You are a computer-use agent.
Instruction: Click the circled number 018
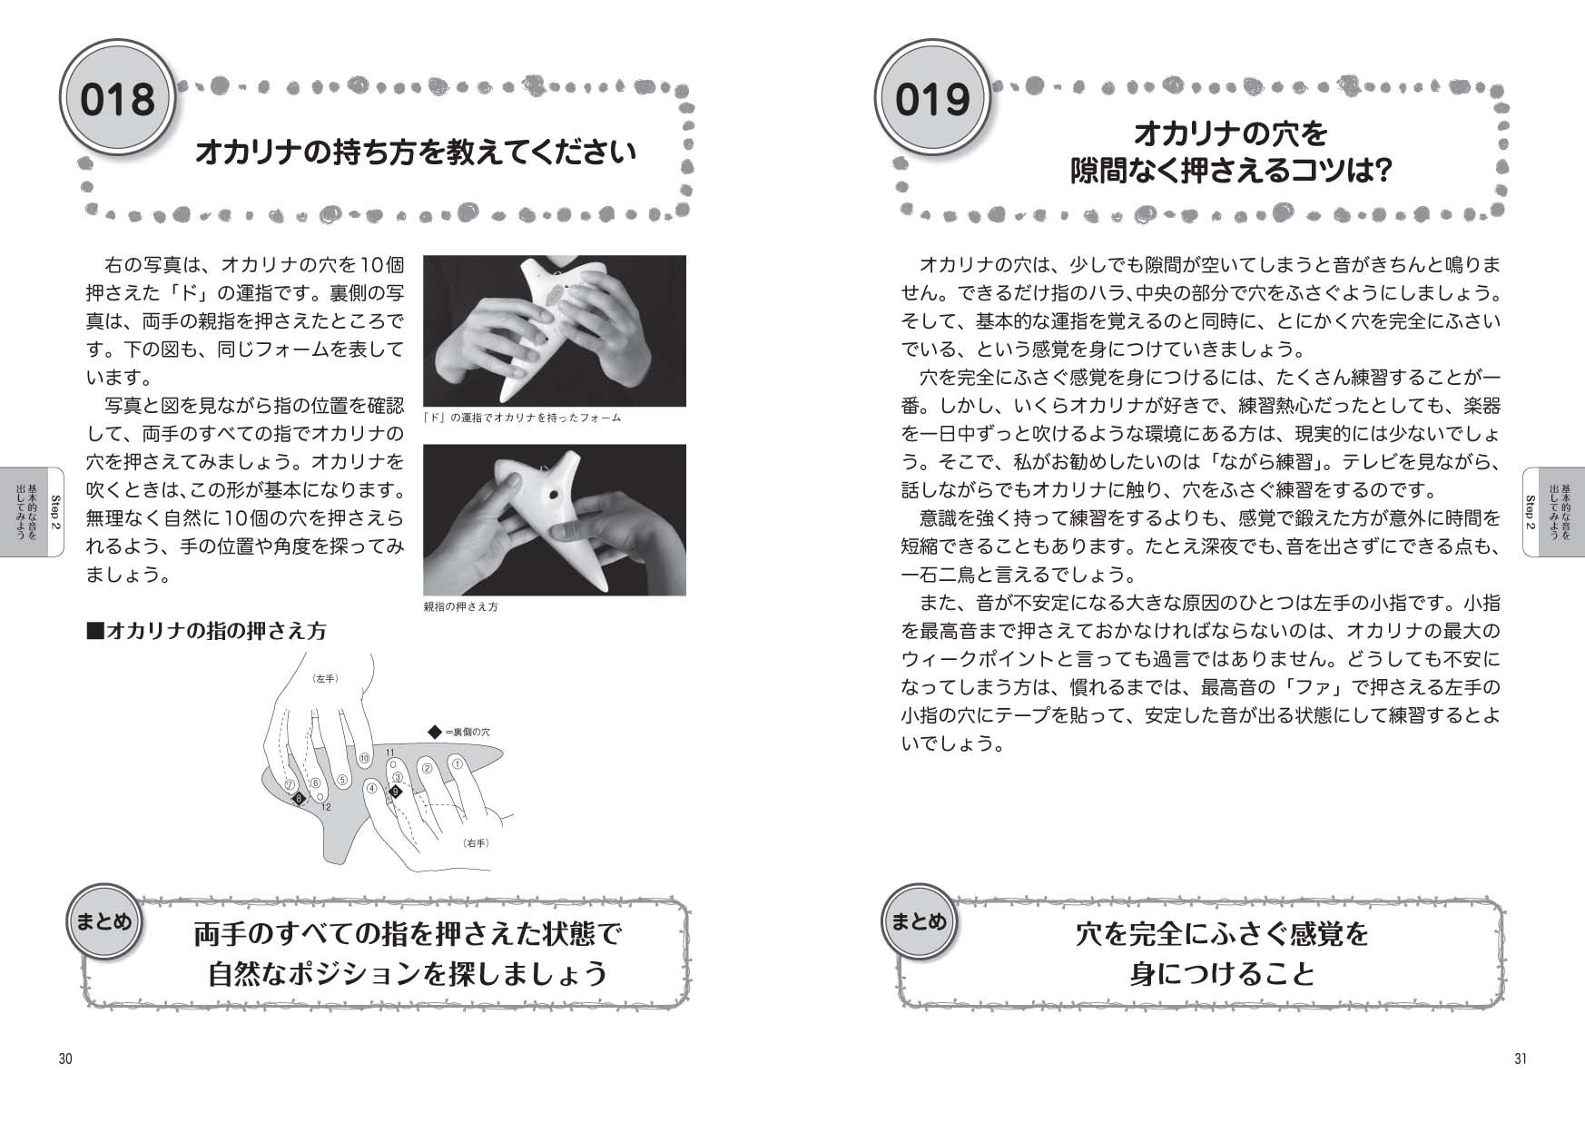(117, 99)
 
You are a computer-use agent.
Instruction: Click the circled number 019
(931, 99)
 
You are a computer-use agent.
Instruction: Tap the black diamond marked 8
(298, 799)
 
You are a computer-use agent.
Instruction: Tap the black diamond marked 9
(395, 792)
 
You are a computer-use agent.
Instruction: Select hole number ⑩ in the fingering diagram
(364, 758)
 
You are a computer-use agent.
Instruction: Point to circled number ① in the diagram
(458, 764)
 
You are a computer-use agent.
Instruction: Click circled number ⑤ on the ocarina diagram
(342, 779)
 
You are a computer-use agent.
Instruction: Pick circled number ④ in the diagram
(371, 788)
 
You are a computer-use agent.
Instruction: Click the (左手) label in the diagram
(324, 678)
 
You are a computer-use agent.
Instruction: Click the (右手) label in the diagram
(476, 843)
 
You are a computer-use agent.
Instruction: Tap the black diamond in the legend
(433, 731)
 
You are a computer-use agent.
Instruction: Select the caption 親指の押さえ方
(461, 606)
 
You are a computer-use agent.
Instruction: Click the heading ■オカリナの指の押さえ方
(205, 631)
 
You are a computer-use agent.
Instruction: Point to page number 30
(65, 1058)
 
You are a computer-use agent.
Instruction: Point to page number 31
(1521, 1058)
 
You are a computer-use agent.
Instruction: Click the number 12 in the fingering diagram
(326, 807)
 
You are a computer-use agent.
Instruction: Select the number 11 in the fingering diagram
(389, 753)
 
